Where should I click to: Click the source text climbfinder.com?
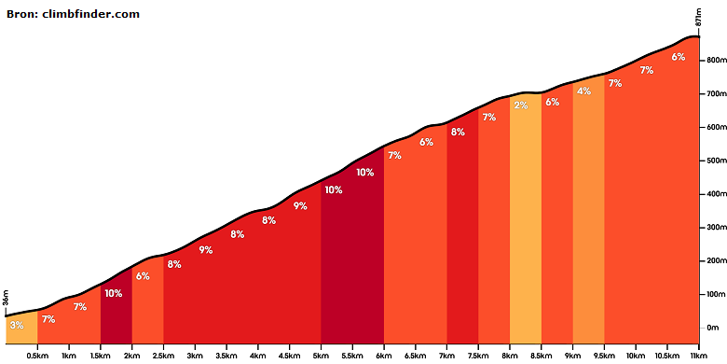(91, 14)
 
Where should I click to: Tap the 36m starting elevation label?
(6, 298)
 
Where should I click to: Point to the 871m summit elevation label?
(698, 17)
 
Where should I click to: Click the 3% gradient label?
(17, 325)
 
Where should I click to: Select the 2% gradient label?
(521, 105)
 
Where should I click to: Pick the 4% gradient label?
(583, 91)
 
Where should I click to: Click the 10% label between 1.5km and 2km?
(113, 293)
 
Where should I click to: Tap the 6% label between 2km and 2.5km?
(143, 276)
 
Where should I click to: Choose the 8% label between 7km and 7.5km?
(458, 132)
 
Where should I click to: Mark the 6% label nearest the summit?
(679, 57)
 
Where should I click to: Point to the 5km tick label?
(321, 356)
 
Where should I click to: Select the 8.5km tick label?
(542, 356)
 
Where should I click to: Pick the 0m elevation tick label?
(712, 328)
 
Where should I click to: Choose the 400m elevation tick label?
(716, 194)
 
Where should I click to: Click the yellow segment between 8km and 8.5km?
(526, 218)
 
